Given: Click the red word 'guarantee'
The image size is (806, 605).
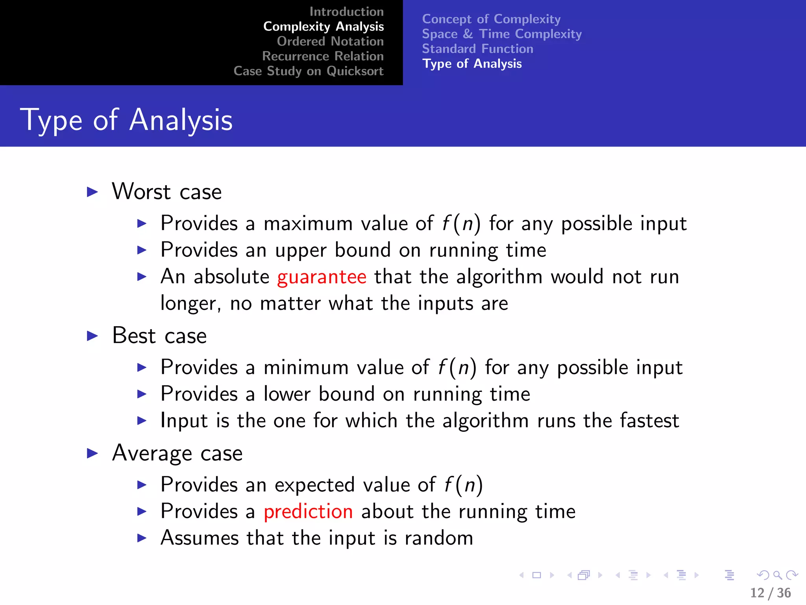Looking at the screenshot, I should click(x=322, y=277).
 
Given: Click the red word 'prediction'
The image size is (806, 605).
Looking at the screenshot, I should click(x=308, y=512).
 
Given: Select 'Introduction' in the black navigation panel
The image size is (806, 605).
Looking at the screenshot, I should click(x=346, y=12).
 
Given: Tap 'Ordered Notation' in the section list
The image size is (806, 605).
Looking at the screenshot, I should click(x=330, y=41).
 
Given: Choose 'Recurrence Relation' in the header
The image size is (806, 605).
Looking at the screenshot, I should click(x=323, y=56).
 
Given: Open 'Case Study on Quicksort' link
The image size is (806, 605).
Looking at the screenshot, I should click(x=308, y=71).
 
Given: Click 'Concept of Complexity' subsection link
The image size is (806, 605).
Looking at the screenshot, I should click(x=491, y=19).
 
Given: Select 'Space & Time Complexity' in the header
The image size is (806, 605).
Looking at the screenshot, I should click(x=502, y=34).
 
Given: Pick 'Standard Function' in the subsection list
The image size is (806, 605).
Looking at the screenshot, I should click(x=477, y=49).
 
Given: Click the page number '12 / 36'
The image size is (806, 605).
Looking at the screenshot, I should click(x=770, y=593).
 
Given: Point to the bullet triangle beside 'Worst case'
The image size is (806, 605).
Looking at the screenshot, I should click(x=92, y=192).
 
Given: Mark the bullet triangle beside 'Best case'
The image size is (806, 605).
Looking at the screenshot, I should click(x=92, y=336).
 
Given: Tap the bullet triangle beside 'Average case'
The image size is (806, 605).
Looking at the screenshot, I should click(x=92, y=453).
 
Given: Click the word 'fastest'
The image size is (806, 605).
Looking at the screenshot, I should click(x=649, y=421).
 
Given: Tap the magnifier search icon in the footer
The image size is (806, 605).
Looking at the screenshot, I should click(x=777, y=575).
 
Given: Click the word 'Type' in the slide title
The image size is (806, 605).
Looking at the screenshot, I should click(x=51, y=120).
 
